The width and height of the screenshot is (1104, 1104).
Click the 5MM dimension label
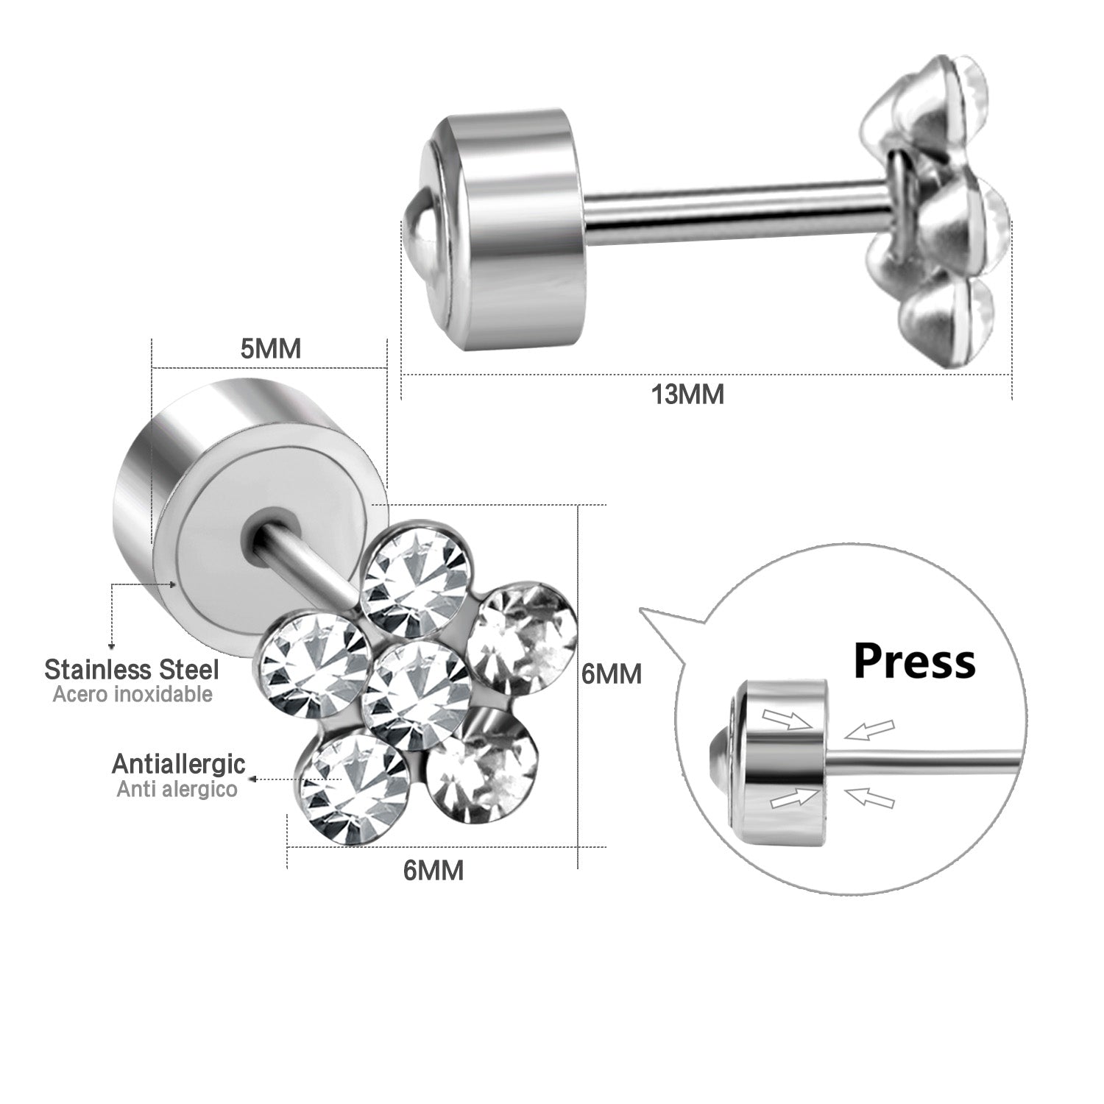point(271,348)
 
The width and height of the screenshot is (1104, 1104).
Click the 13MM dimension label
point(687,394)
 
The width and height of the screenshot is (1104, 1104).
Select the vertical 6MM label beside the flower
point(612,673)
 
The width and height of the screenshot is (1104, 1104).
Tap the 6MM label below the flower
point(434,871)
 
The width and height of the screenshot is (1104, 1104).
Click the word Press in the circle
point(914,662)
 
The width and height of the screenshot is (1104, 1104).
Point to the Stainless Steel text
point(132,670)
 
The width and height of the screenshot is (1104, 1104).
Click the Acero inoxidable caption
point(132,694)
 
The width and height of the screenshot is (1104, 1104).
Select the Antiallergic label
point(178,764)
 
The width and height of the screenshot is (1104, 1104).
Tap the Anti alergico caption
point(177,789)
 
